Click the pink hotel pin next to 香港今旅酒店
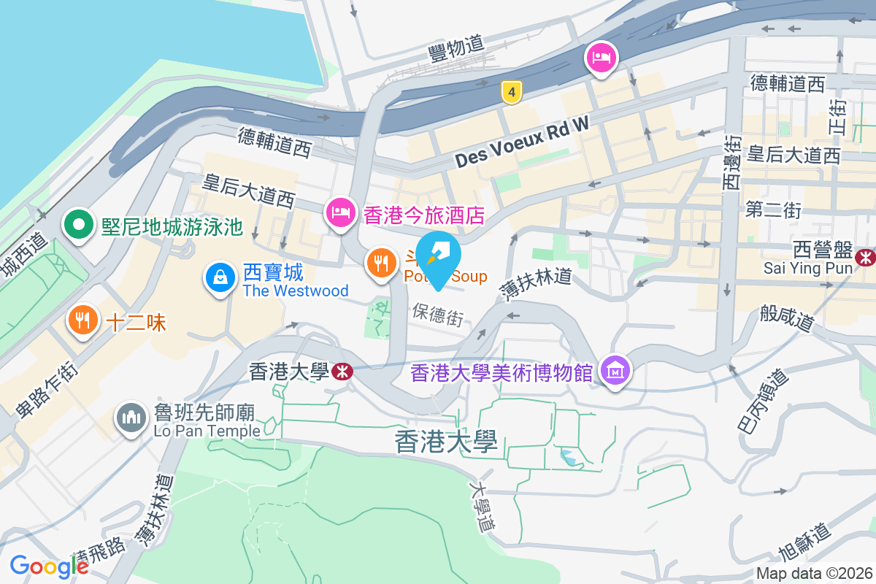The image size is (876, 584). [x=340, y=213]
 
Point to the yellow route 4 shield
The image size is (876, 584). [x=512, y=92]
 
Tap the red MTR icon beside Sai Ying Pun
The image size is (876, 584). [x=866, y=256]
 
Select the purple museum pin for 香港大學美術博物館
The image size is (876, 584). [x=615, y=371]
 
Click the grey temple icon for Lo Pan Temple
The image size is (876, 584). [x=131, y=418]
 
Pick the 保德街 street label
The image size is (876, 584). [x=438, y=315]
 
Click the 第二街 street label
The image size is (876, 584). [x=773, y=211]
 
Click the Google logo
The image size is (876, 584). [x=49, y=566]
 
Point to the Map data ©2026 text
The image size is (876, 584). [x=814, y=574]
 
